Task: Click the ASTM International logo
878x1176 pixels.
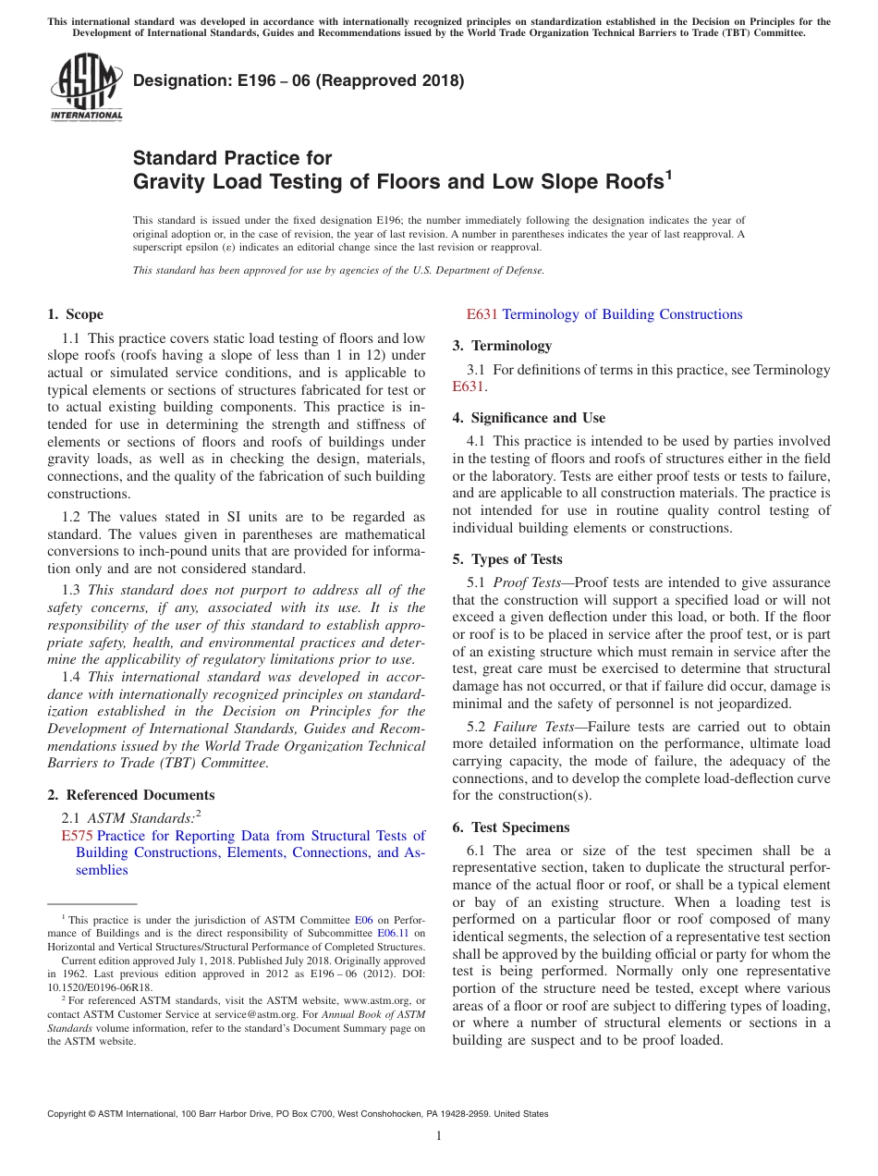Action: tap(86, 89)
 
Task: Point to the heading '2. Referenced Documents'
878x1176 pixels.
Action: tap(130, 795)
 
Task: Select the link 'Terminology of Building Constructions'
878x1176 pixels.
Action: tap(622, 314)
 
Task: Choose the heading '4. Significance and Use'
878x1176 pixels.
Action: tap(529, 418)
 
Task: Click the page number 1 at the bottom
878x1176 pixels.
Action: tap(439, 1136)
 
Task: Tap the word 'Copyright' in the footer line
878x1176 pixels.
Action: tap(68, 1114)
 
